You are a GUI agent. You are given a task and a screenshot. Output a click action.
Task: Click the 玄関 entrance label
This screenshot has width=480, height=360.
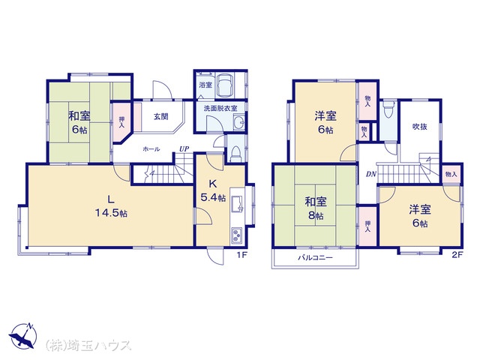(x=160, y=117)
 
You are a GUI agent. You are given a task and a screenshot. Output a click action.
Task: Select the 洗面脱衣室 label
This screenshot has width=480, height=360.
(x=220, y=108)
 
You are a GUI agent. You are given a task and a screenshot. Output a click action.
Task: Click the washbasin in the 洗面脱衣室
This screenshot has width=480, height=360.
(x=238, y=122)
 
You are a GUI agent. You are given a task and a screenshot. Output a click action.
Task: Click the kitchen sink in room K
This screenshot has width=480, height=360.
(x=238, y=205)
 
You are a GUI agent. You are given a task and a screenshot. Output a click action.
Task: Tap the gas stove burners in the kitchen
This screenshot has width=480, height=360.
(x=237, y=235)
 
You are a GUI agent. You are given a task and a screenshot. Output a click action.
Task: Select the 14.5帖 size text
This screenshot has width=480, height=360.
(x=111, y=213)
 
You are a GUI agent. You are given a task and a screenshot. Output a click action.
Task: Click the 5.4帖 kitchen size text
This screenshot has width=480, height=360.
(x=213, y=197)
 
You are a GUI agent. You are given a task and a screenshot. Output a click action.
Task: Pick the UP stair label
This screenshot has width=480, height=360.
(x=184, y=149)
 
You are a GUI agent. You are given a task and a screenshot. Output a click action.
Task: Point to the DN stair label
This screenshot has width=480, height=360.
(x=371, y=174)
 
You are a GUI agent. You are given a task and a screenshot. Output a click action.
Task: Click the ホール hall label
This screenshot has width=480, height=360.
(x=151, y=149)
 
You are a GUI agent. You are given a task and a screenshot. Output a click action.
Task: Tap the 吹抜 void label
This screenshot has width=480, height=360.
(x=420, y=127)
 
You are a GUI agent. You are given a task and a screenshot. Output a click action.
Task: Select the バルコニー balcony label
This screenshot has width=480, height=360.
(x=315, y=258)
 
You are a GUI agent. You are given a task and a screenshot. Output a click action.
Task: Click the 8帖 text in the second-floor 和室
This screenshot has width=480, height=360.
(x=316, y=215)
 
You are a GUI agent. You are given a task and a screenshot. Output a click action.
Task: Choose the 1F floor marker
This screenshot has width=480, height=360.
(x=241, y=255)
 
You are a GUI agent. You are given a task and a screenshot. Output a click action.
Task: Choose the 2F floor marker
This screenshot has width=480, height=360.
(x=457, y=255)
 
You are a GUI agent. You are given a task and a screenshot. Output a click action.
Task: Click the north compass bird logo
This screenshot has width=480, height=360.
(x=23, y=336)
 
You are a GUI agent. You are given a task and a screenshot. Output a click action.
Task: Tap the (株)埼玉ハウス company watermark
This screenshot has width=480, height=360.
(x=88, y=345)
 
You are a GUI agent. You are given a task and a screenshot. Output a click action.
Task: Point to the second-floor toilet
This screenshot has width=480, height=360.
(x=388, y=111)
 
